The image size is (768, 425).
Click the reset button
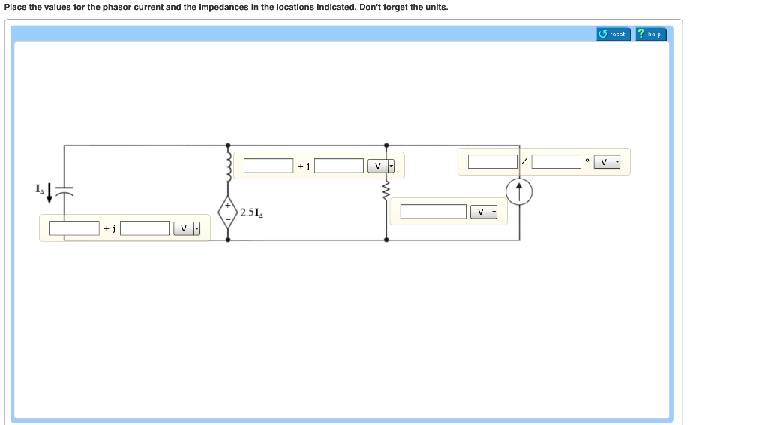tap(613, 34)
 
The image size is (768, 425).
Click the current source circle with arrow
tap(519, 192)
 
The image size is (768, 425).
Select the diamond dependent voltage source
tap(228, 212)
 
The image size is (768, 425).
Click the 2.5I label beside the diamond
tap(251, 213)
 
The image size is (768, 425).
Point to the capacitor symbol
tap(65, 192)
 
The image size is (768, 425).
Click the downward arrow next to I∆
tap(49, 194)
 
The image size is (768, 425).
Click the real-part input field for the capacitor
tap(74, 228)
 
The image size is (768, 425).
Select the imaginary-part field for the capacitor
tap(145, 228)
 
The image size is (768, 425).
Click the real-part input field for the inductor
tap(268, 165)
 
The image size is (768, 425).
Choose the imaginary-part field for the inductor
tap(339, 165)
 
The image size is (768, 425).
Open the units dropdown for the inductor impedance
tap(381, 165)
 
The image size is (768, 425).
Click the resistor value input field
tap(433, 212)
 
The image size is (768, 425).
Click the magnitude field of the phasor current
tap(492, 161)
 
